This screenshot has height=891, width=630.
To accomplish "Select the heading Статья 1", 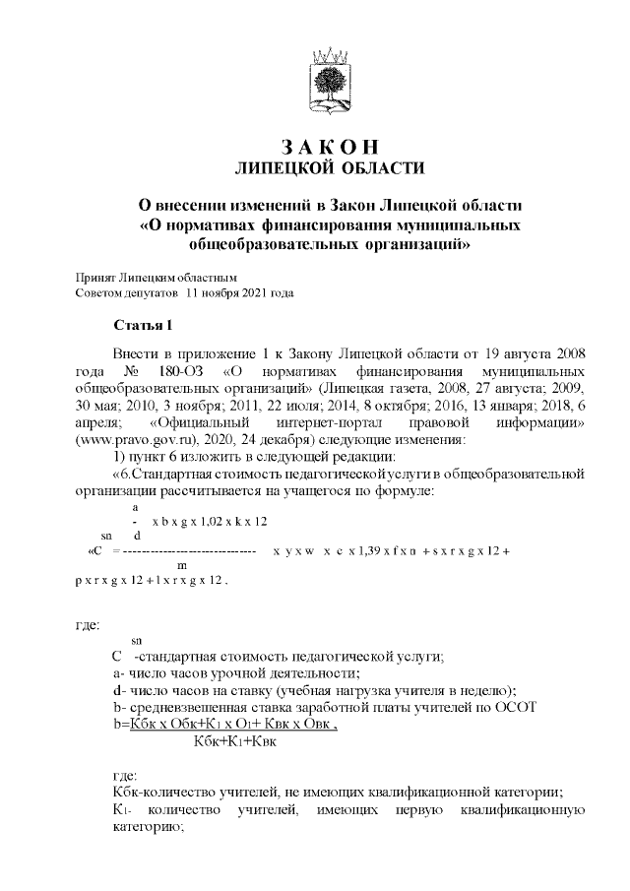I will coord(143,325).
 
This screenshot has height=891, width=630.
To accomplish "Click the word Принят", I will coord(95,279).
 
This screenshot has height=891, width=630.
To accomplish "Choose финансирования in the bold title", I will coord(280,225).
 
